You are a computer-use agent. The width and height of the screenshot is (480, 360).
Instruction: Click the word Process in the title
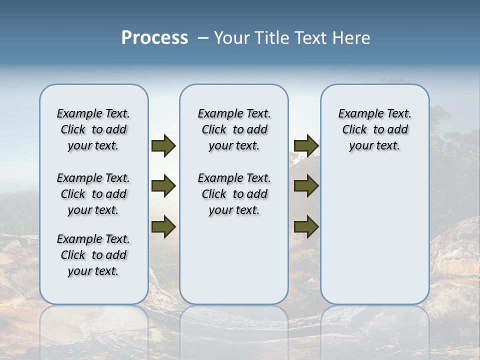(x=154, y=38)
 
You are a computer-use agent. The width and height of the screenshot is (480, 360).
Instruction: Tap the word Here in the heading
(x=351, y=38)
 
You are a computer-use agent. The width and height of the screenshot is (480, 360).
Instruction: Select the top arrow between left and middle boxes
(x=163, y=145)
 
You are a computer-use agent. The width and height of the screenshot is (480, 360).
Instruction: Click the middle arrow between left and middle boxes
(x=163, y=186)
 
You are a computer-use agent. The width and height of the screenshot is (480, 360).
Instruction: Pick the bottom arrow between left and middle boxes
(x=163, y=227)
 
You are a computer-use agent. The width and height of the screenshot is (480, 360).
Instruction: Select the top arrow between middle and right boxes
(x=306, y=145)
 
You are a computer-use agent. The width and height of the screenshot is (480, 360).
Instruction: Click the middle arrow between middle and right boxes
(x=306, y=186)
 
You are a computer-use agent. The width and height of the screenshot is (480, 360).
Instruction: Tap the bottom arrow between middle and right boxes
(x=306, y=227)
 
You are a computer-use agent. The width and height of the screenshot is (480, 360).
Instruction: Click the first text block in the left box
(x=93, y=129)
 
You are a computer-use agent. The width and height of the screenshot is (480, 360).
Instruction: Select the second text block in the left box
(x=93, y=194)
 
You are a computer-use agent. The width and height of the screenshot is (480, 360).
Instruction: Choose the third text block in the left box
(x=93, y=255)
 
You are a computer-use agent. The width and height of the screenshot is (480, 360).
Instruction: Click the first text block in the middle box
(x=234, y=129)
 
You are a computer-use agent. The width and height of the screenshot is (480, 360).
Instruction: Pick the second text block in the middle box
(x=234, y=194)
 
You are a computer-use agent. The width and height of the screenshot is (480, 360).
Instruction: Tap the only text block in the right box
(x=374, y=129)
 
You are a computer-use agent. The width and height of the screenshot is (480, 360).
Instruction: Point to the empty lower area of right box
(x=374, y=235)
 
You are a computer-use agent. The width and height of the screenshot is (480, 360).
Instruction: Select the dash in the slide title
(x=203, y=38)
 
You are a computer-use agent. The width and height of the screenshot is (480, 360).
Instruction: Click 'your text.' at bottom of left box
(x=93, y=271)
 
